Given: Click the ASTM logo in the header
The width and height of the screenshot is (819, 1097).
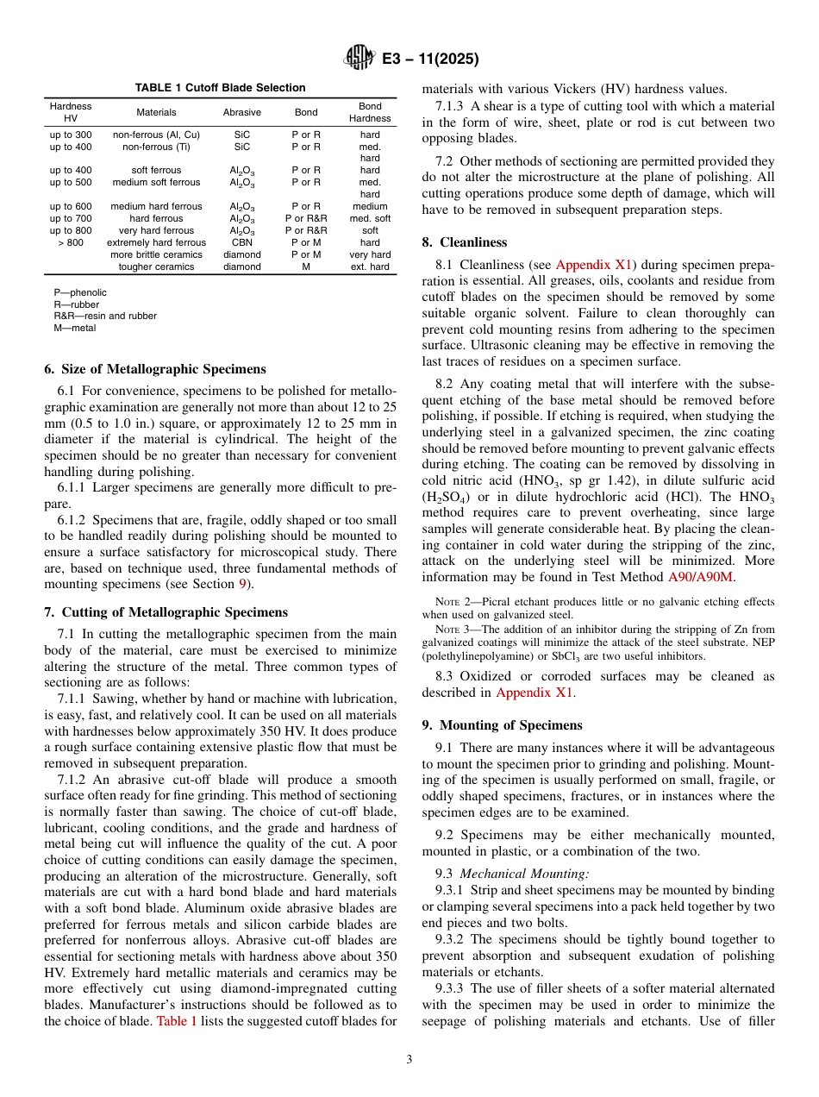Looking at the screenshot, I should (357, 58).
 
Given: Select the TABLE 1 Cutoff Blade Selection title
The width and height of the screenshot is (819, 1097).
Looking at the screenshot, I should (220, 88).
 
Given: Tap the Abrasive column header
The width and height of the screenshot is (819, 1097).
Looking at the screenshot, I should (241, 112).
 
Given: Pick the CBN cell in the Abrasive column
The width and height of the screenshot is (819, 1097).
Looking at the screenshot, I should (241, 242).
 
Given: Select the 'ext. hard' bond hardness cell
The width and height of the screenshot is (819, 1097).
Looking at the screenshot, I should (370, 266).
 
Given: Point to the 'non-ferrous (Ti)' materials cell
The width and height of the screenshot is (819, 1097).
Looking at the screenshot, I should (156, 147).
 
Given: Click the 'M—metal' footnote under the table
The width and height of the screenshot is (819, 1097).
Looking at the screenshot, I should (75, 328).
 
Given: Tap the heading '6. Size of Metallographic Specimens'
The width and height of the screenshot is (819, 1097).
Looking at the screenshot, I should (155, 369).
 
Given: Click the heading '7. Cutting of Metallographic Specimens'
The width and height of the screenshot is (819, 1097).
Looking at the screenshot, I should (166, 612).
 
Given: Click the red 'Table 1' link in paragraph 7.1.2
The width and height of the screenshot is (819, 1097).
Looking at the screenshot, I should (177, 1021).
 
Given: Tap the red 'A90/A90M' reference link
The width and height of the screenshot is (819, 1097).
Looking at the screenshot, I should (701, 577).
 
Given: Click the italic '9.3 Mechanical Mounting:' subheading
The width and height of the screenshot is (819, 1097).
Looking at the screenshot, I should (493, 874).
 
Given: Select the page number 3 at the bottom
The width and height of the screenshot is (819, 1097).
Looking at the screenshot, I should (409, 1060).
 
